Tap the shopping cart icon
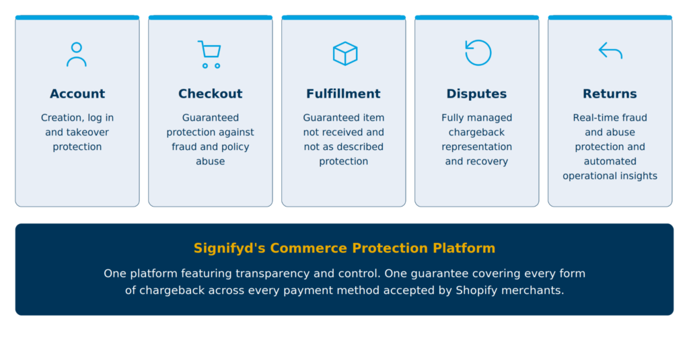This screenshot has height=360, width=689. [210, 54]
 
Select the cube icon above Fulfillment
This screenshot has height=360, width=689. [345, 54]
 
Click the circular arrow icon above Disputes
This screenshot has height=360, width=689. [478, 52]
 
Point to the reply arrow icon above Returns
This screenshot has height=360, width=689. [610, 50]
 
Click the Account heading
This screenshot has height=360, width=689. [77, 94]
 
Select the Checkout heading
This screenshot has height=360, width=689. [211, 94]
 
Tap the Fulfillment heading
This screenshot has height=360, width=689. [343, 94]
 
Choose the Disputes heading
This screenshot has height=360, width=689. [476, 94]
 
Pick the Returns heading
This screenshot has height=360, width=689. [610, 94]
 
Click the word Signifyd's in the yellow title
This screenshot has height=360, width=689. [229, 248]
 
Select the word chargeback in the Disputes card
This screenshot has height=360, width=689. [477, 133]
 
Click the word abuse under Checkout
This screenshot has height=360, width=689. [211, 161]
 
